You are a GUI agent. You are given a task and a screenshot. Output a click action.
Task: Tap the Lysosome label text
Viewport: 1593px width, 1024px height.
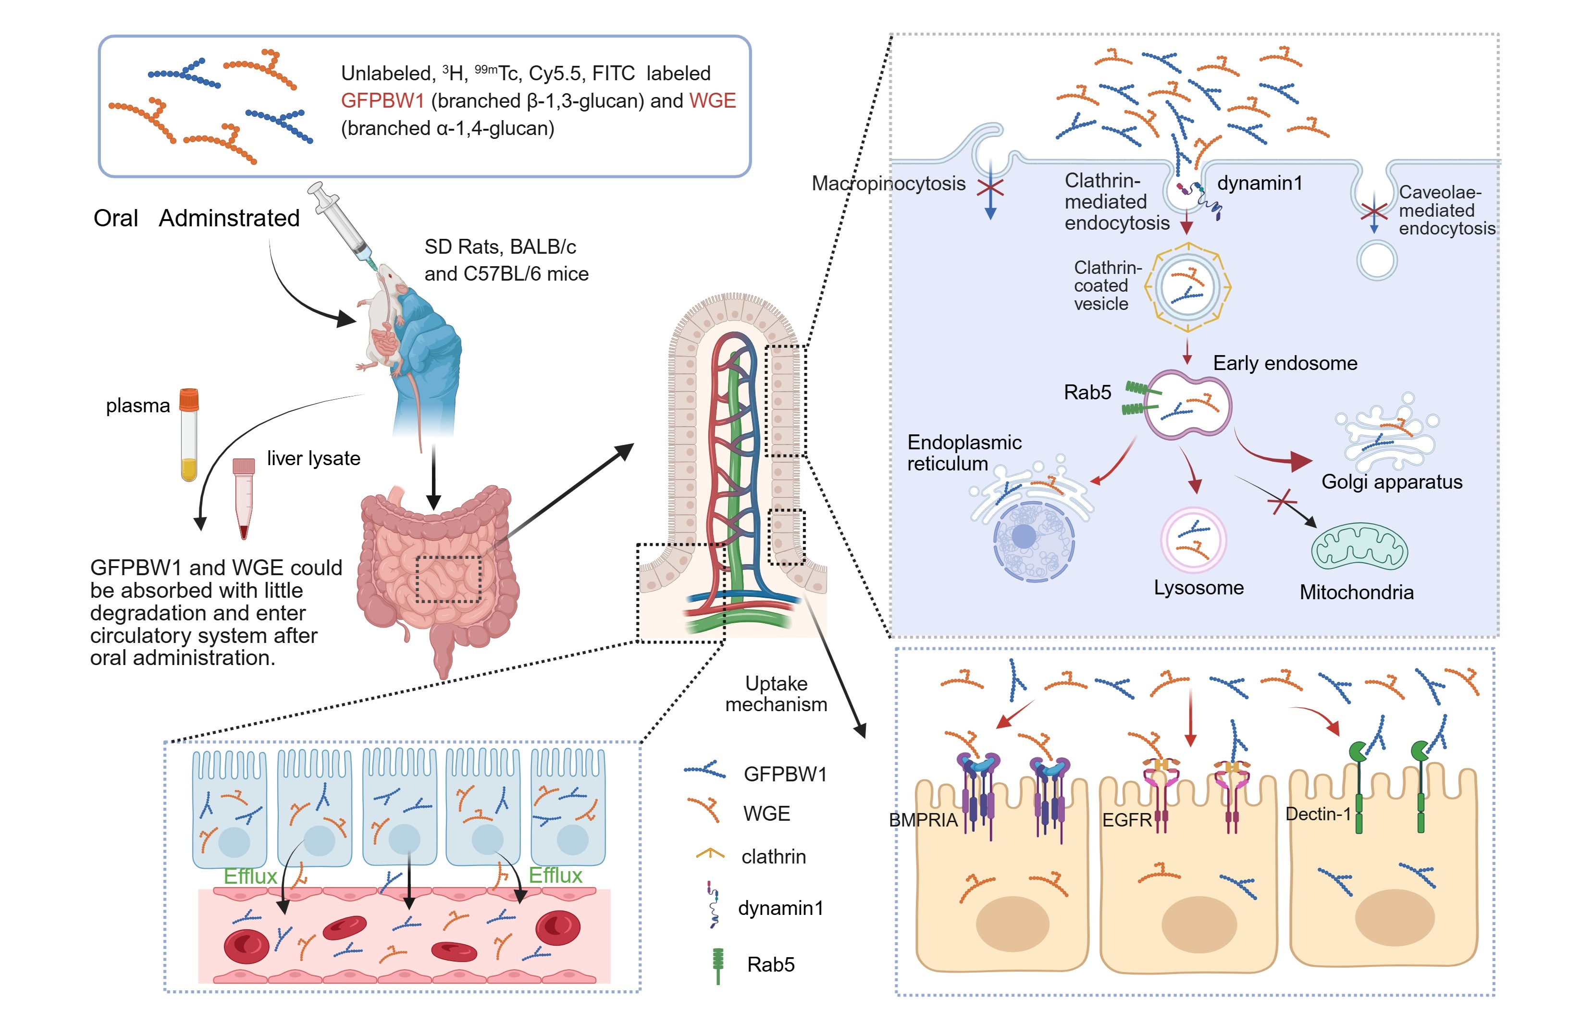1198,588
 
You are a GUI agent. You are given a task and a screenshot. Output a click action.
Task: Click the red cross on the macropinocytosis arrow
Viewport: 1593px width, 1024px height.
990,188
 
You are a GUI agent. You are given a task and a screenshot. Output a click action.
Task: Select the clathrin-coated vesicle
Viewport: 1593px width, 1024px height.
1187,287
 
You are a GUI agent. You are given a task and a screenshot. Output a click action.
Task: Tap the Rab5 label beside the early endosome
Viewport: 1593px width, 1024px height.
1087,392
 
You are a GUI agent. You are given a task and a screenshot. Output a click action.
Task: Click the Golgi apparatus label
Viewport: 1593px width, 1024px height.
1392,481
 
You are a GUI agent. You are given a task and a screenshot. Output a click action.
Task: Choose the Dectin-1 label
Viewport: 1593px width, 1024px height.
1318,814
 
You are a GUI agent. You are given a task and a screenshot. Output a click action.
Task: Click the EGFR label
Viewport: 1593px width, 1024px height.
1126,820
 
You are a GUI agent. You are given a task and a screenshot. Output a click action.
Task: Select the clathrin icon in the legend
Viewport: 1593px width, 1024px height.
709,854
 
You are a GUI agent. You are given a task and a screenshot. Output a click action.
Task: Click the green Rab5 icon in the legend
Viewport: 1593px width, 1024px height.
717,964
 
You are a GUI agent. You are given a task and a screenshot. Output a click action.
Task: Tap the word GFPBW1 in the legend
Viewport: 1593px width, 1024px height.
785,774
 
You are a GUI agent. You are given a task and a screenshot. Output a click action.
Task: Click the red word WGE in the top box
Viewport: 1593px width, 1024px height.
712,100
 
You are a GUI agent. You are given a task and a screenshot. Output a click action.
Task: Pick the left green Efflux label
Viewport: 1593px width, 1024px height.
250,876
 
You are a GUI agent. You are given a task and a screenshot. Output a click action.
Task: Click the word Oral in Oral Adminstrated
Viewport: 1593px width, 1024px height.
116,218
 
